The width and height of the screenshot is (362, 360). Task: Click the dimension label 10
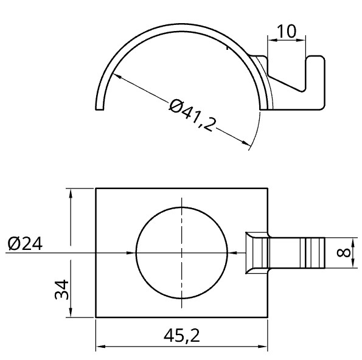point(287,31)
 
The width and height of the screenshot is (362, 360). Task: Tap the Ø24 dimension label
point(25,243)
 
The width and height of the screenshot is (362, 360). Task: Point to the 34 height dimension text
point(61,289)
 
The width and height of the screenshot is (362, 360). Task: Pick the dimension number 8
point(344,252)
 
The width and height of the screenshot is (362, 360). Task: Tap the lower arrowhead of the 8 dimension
point(353,263)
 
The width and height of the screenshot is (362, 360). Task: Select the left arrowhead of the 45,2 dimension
point(100,347)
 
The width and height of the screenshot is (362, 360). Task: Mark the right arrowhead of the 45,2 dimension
point(263,347)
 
